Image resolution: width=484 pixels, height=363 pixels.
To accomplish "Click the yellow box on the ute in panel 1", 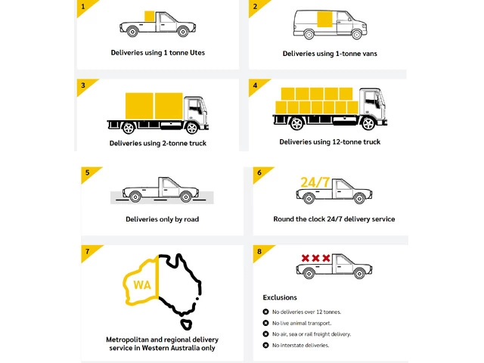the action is [x=150, y=16].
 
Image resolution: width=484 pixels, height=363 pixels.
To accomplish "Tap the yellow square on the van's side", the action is [x=325, y=20].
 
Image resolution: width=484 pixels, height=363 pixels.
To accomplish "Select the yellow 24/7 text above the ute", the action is [x=315, y=182].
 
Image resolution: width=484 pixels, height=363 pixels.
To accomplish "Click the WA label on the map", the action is [x=142, y=285].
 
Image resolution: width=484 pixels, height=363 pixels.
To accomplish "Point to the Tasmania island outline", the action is [x=186, y=324].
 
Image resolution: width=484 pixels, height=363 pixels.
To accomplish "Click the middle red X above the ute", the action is [x=315, y=258].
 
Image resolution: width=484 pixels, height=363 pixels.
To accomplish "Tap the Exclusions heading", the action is [x=280, y=297].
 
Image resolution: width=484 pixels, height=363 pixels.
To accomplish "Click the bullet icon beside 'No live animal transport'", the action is [x=265, y=323].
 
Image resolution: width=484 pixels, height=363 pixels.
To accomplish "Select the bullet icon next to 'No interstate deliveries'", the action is [x=265, y=345].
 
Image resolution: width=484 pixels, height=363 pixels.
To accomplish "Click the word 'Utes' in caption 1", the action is [x=197, y=53].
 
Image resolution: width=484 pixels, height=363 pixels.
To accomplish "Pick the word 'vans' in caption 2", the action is [x=369, y=54].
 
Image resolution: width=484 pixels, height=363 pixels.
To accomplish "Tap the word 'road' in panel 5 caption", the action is [x=191, y=219].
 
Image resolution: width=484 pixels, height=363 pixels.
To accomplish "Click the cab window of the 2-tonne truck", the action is [x=194, y=107].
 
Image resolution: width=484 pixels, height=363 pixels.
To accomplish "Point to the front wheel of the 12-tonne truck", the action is [x=368, y=123].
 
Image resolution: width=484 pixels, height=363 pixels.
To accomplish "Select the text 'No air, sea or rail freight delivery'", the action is [x=311, y=334].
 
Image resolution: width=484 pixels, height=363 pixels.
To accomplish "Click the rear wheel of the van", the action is [x=309, y=34].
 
